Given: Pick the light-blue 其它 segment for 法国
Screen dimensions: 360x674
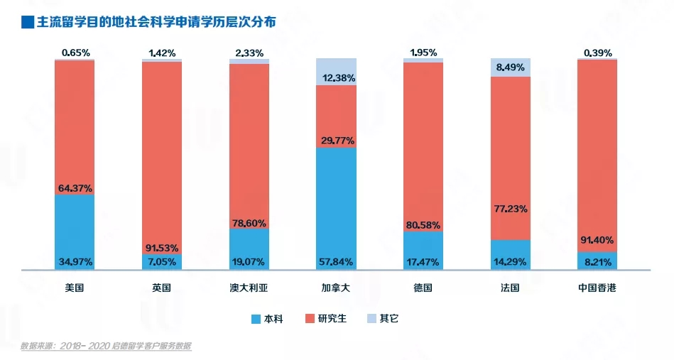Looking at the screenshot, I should click(511, 67).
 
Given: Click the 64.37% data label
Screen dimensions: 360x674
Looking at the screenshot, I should click(75, 188).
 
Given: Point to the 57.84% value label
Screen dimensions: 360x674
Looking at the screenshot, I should click(337, 262).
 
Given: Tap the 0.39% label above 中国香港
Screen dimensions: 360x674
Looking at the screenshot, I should click(597, 53).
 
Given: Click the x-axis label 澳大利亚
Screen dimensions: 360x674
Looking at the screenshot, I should click(249, 288).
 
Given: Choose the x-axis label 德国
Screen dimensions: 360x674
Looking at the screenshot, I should click(423, 288).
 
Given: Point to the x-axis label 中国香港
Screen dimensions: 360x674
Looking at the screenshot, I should click(597, 288).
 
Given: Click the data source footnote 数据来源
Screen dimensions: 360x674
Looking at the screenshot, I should click(106, 347).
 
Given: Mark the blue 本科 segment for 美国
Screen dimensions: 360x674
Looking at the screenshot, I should click(75, 227).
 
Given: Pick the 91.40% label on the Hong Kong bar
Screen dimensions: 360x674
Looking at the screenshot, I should click(597, 240).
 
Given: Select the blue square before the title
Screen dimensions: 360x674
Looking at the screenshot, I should click(27, 23).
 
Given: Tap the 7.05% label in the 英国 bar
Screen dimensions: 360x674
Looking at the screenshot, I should click(162, 262).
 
